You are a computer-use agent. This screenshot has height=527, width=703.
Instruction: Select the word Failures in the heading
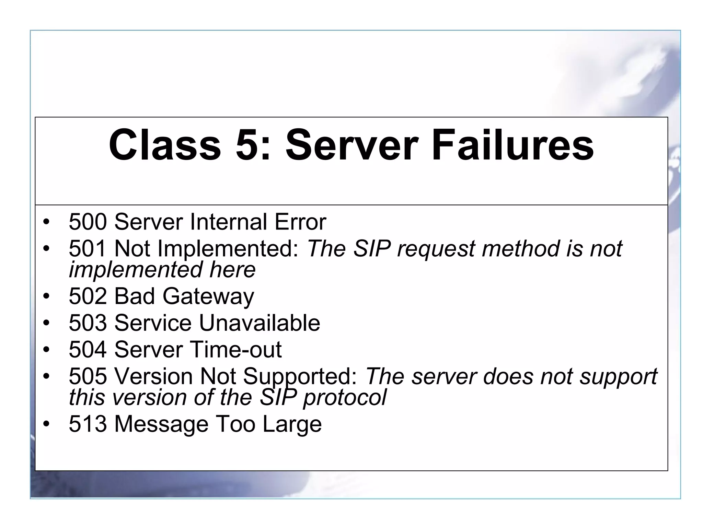click(x=512, y=144)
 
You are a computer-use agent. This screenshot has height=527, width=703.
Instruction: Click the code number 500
click(x=88, y=222)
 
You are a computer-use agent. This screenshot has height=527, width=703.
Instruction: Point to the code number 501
click(x=88, y=248)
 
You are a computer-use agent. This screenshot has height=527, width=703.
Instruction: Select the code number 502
click(x=88, y=296)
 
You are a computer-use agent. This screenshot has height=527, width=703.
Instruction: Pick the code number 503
click(x=88, y=323)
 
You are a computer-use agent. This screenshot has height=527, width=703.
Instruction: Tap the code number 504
click(x=88, y=350)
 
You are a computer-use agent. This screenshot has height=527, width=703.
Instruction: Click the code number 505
click(x=88, y=376)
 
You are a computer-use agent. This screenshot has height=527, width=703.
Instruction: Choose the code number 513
click(x=88, y=424)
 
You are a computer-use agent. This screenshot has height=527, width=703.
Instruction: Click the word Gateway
click(x=208, y=296)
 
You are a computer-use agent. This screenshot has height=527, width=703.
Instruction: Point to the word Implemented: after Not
click(x=228, y=249)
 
